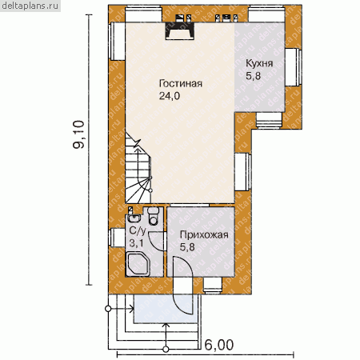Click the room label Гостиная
[181, 83]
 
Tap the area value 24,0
[170, 96]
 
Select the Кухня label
[259, 63]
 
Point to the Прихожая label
[204, 235]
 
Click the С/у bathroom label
[138, 230]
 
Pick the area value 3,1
[136, 243]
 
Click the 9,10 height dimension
[79, 134]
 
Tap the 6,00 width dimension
[219, 345]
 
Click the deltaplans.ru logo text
[30, 6]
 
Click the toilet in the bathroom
[153, 215]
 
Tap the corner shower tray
[138, 265]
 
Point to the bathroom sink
[134, 218]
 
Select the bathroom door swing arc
[157, 242]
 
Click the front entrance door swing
[183, 286]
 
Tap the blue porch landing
[166, 309]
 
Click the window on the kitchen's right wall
[294, 67]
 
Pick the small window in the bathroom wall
[117, 238]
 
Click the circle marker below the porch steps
[166, 349]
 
